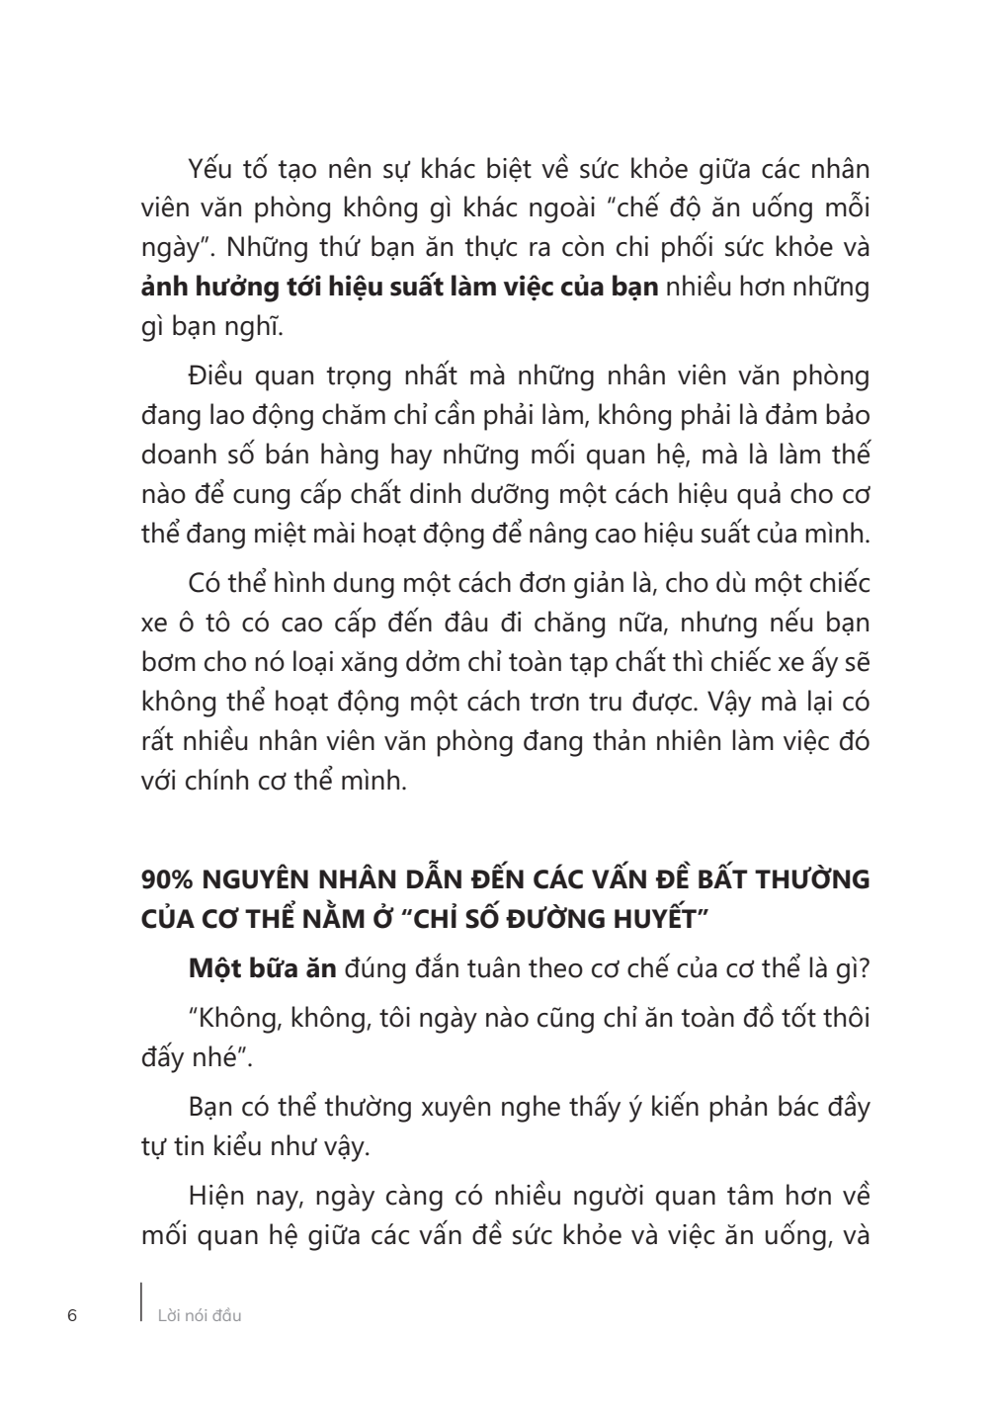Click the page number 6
coord(71,1315)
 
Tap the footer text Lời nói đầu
coord(200,1315)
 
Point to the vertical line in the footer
coord(141,1303)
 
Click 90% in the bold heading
coord(167,879)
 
